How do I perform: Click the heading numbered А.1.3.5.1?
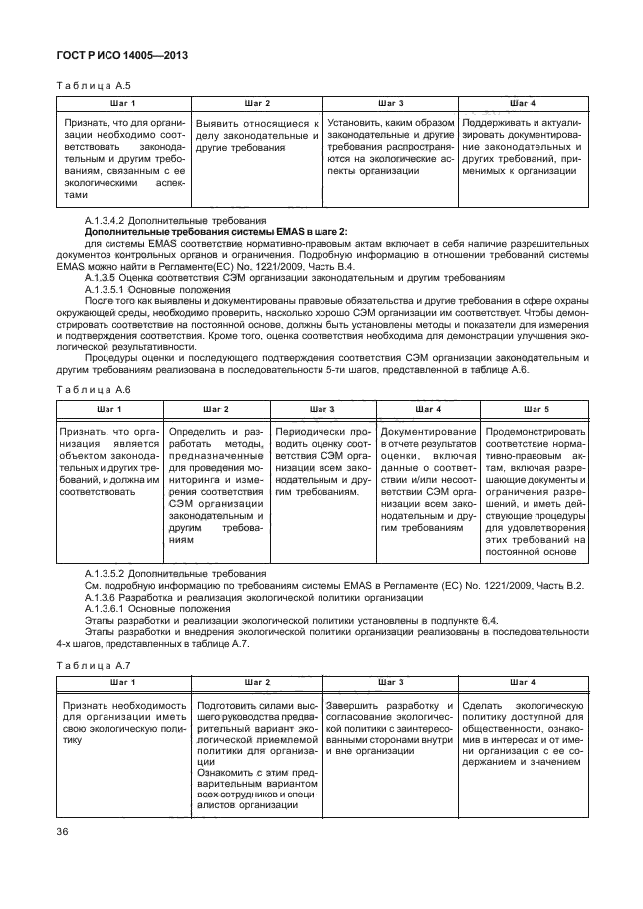pyautogui.click(x=110, y=290)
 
